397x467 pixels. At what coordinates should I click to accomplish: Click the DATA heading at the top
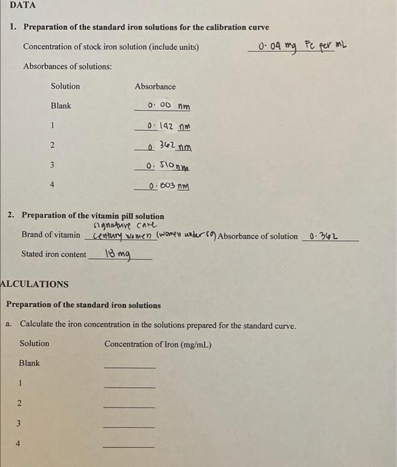click(x=23, y=5)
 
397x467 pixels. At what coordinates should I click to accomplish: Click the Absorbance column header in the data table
click(x=155, y=87)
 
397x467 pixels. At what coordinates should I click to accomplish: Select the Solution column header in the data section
click(x=65, y=86)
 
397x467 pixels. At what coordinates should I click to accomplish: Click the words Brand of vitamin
click(x=51, y=236)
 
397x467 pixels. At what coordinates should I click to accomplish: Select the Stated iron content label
click(x=54, y=254)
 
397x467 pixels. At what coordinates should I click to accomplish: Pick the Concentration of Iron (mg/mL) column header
click(x=157, y=344)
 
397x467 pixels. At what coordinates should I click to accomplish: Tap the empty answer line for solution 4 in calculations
click(x=129, y=445)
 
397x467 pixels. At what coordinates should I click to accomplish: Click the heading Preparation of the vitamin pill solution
click(x=93, y=216)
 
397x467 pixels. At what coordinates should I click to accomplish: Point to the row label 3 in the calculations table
click(x=19, y=423)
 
